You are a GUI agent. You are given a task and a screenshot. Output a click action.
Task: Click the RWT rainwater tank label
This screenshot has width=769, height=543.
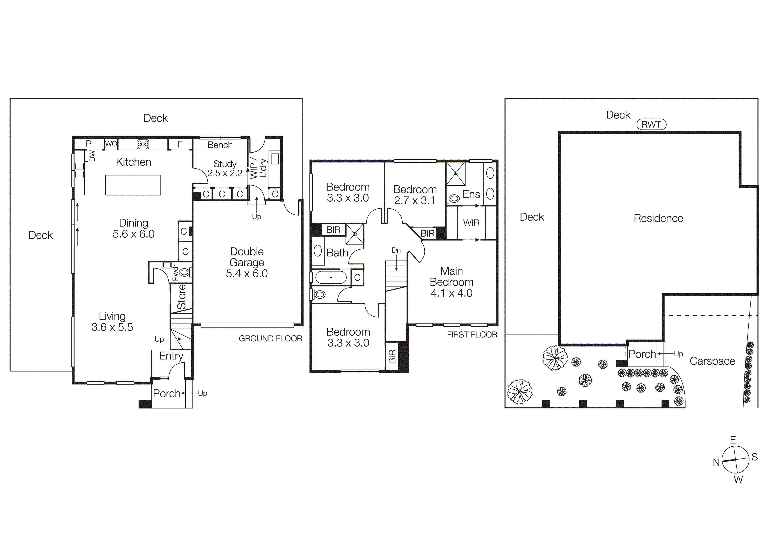[651, 124]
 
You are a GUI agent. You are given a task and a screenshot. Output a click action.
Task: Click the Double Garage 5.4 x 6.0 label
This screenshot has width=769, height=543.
[247, 263]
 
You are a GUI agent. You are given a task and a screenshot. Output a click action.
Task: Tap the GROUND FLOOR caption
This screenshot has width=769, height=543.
[270, 339]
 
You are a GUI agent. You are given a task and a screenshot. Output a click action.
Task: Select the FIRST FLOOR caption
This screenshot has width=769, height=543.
[472, 334]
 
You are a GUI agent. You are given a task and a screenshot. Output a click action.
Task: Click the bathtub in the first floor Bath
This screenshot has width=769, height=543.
[331, 277]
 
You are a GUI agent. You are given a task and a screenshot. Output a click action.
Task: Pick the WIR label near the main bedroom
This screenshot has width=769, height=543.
[471, 223]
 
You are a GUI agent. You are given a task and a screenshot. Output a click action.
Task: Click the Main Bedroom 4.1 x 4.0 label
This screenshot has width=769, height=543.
[452, 282]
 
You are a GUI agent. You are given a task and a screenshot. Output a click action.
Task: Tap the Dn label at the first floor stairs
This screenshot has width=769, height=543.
[396, 250]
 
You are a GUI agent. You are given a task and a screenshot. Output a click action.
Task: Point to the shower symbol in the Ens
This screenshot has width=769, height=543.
[456, 173]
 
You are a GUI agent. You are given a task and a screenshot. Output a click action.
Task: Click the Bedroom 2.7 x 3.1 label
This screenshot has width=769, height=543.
[415, 195]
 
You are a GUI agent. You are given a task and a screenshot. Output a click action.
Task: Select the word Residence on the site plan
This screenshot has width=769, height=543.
[658, 218]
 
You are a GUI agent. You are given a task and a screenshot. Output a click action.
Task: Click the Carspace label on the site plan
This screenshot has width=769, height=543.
[712, 361]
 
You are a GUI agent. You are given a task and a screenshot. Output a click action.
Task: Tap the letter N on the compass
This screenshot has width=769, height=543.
[716, 462]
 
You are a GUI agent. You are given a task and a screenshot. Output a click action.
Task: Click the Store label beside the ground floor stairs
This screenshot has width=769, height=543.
[181, 296]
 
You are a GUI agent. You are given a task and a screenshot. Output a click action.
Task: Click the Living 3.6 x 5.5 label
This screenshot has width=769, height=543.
[112, 322]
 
